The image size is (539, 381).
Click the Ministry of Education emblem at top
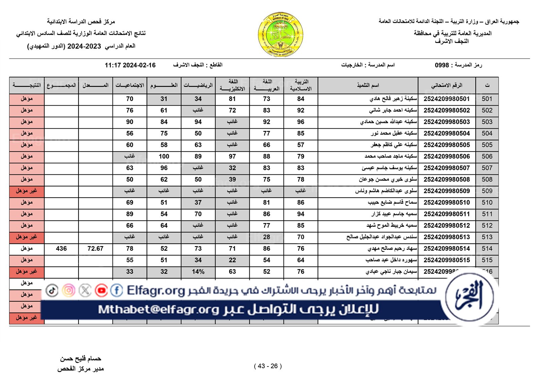[x=280, y=35]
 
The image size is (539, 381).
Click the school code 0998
[x=442, y=65]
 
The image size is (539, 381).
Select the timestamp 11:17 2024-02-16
[x=130, y=65]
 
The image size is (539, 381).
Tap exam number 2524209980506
[x=446, y=157]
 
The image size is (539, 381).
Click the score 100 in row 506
[x=164, y=157]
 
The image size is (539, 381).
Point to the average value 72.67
[x=95, y=249]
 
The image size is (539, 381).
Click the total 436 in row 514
[x=61, y=249]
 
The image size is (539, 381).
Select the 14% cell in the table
[x=198, y=272]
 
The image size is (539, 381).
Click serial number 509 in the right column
[x=487, y=191]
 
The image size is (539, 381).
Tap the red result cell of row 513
[x=27, y=237]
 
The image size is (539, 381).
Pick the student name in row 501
[x=393, y=99]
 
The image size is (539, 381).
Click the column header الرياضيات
[x=198, y=85]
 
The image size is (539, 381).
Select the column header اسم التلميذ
[x=368, y=85]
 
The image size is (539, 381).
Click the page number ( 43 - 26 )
[x=268, y=366]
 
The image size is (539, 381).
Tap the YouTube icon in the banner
[x=101, y=290]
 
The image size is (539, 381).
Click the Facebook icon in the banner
[x=117, y=290]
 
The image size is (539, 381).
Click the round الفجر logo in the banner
[x=469, y=297]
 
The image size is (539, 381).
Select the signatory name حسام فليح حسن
[x=81, y=359]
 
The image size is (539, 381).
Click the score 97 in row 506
[x=232, y=157]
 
